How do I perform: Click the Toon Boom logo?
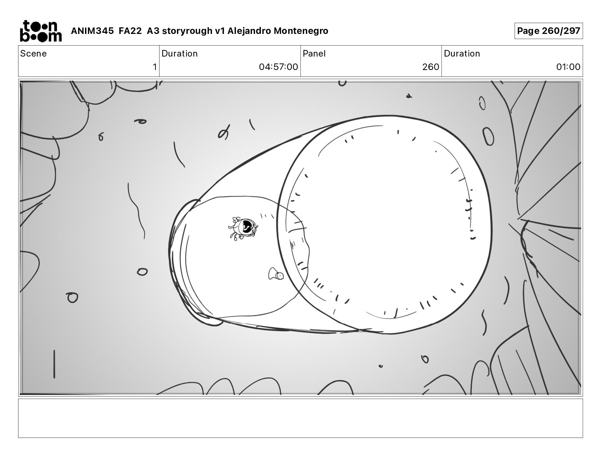pos(41,31)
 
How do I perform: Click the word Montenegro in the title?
pos(301,31)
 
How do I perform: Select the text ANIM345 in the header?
pos(92,31)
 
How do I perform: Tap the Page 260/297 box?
pos(548,31)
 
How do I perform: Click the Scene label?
pos(34,54)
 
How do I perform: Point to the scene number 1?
pos(155,67)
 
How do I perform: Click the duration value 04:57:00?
pos(278,67)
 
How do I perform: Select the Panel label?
pos(314,54)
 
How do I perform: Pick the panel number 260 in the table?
pos(431,67)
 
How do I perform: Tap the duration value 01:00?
pos(568,67)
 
